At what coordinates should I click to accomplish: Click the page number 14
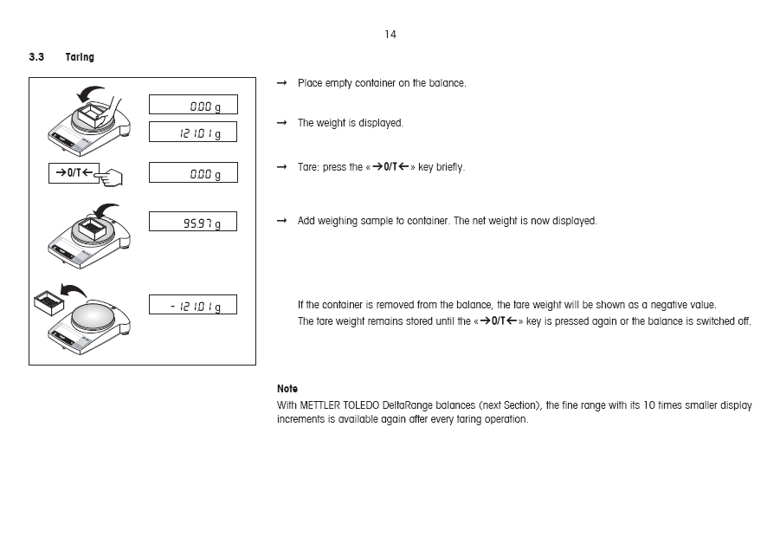pyautogui.click(x=390, y=35)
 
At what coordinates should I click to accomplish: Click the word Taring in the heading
pyautogui.click(x=80, y=57)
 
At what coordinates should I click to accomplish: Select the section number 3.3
pyautogui.click(x=36, y=57)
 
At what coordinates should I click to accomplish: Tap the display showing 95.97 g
pyautogui.click(x=192, y=222)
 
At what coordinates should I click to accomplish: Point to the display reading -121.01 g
pyautogui.click(x=192, y=305)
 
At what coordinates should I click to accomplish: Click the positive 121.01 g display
pyautogui.click(x=192, y=133)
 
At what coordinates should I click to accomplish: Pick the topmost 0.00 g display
pyautogui.click(x=192, y=105)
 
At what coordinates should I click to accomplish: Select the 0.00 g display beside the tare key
pyautogui.click(x=192, y=173)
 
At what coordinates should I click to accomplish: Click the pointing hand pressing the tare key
pyautogui.click(x=110, y=178)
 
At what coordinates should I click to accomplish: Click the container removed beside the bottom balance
pyautogui.click(x=49, y=303)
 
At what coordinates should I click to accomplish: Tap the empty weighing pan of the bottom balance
pyautogui.click(x=96, y=314)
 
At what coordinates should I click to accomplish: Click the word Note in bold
pyautogui.click(x=287, y=389)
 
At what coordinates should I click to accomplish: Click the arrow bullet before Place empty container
pyautogui.click(x=281, y=83)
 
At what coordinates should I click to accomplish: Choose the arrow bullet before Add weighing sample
pyautogui.click(x=281, y=221)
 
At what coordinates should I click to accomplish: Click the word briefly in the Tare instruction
pyautogui.click(x=450, y=167)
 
